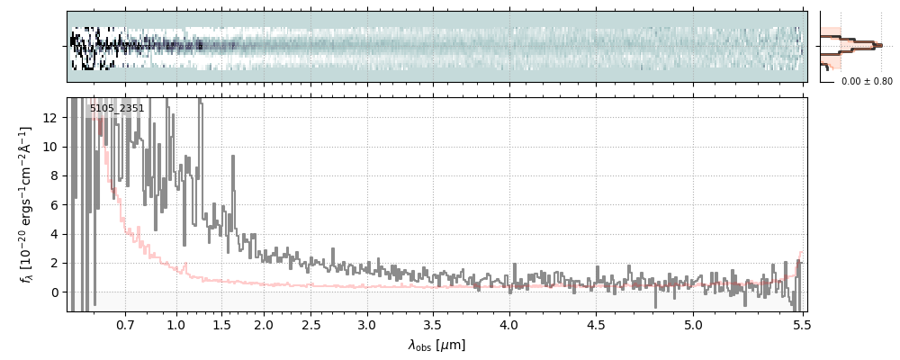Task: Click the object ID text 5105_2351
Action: [117, 109]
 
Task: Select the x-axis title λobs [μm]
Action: [436, 345]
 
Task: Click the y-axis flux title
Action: [26, 204]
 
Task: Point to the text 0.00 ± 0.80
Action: [867, 82]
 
